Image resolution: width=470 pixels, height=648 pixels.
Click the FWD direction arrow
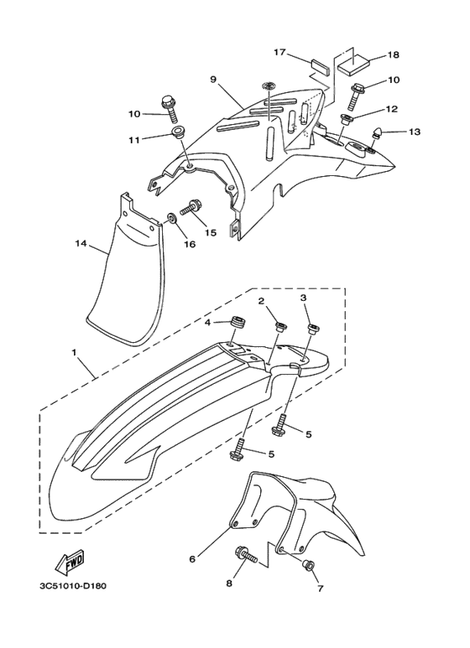[x=70, y=562]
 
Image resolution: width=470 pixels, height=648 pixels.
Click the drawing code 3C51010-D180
[x=73, y=586]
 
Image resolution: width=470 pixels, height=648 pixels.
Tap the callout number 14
[x=81, y=243]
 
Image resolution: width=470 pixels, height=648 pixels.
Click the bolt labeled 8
[x=246, y=556]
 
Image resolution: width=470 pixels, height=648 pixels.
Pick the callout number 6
[x=192, y=559]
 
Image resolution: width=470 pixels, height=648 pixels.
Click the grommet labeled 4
[x=238, y=323]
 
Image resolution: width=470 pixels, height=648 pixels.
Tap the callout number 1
[x=74, y=353]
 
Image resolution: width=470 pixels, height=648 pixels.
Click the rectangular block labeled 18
[x=354, y=65]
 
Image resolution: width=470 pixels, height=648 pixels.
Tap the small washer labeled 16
[x=171, y=217]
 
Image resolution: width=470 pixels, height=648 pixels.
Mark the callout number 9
[x=213, y=79]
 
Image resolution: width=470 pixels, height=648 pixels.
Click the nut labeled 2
[x=282, y=326]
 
